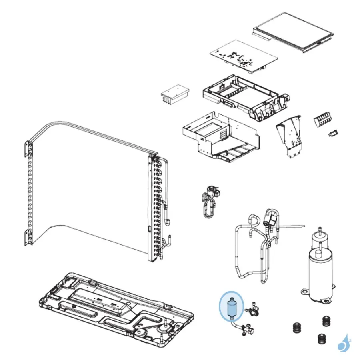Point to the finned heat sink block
pos(174,95)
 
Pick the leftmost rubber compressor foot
pos(296,326)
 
